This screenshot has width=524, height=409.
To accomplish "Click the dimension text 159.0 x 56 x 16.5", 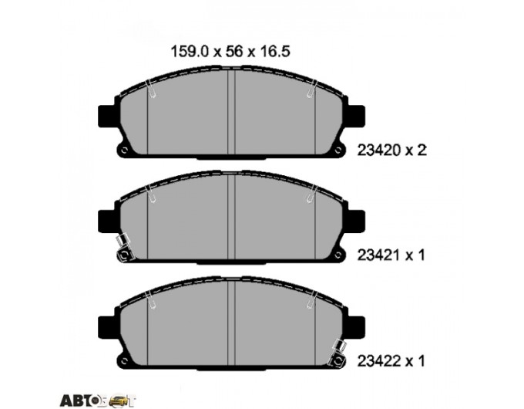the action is (230, 52).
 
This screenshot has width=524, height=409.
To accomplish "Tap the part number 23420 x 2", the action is (392, 150).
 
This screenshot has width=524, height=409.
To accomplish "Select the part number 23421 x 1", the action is (391, 255).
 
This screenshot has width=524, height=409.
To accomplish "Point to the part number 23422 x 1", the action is (391, 361).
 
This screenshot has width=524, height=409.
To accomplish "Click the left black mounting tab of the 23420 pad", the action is (106, 116).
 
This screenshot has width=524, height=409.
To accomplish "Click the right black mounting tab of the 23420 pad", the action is (356, 116).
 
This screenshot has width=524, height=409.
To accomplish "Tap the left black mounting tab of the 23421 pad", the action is (106, 221).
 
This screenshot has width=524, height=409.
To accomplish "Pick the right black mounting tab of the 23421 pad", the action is (356, 221).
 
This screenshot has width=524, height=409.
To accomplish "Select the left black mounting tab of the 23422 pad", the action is (106, 326).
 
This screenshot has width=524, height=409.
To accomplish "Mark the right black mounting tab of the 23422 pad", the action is (356, 326).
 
